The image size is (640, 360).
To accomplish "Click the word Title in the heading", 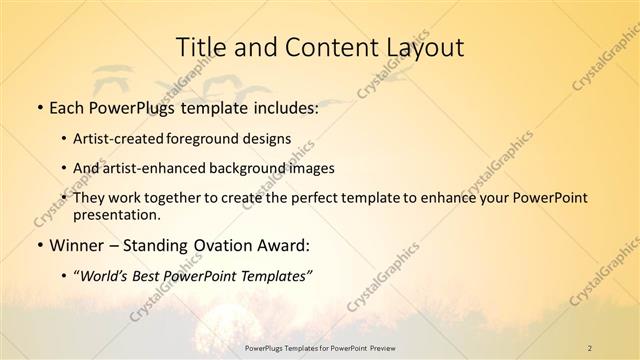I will coord(200,47).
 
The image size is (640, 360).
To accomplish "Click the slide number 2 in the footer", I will coord(590,348).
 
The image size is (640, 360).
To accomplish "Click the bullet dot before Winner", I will coord(38,246).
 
